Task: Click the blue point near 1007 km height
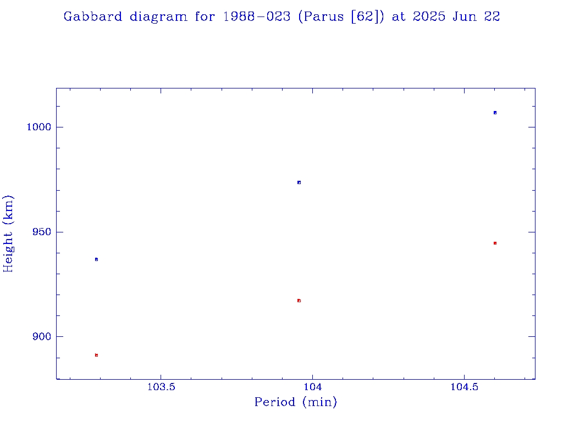[x=495, y=113]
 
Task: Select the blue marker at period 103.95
[x=299, y=182]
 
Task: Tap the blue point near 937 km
[x=96, y=259]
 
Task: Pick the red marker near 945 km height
[x=495, y=243]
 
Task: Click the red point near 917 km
[x=299, y=301]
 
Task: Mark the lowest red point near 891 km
[x=96, y=355]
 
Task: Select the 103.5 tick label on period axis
[x=161, y=386]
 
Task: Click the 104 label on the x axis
[x=312, y=386]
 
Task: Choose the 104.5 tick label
[x=464, y=386]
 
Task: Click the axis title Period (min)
[x=295, y=403]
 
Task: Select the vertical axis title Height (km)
[x=8, y=234]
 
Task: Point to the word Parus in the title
[x=319, y=17]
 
